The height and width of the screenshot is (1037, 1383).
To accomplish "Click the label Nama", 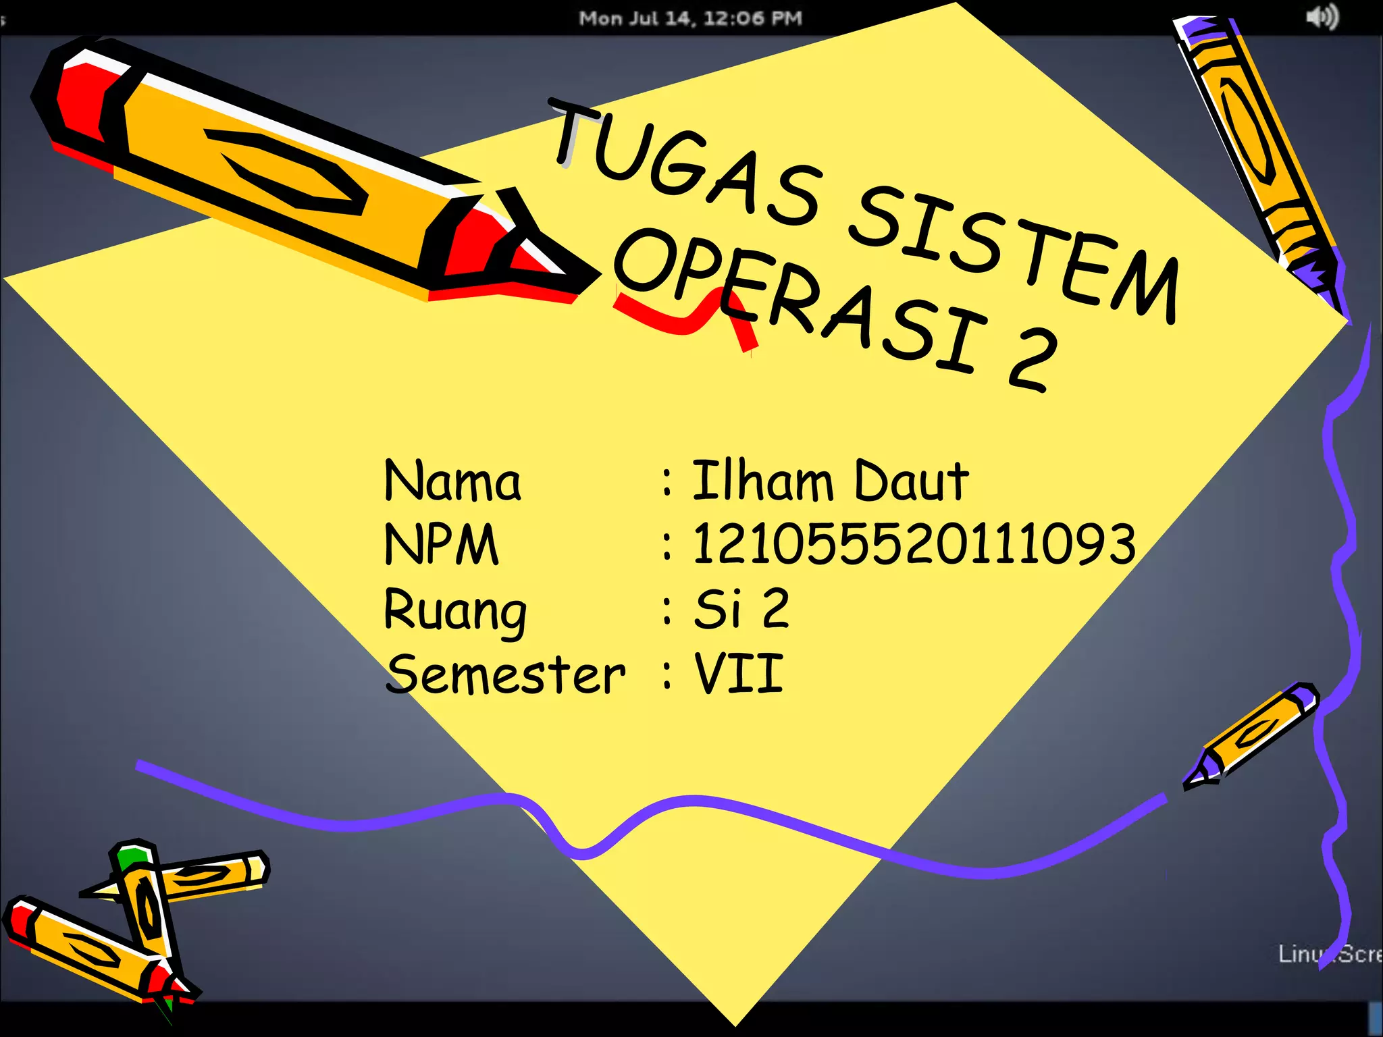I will (452, 481).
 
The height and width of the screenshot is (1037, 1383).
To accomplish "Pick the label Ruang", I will (455, 610).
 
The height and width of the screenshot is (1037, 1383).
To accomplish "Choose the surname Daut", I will (912, 481).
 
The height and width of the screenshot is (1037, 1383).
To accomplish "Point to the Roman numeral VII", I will (739, 674).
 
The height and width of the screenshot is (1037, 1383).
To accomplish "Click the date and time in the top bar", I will (690, 18).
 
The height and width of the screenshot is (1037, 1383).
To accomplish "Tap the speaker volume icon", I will (1322, 17).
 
